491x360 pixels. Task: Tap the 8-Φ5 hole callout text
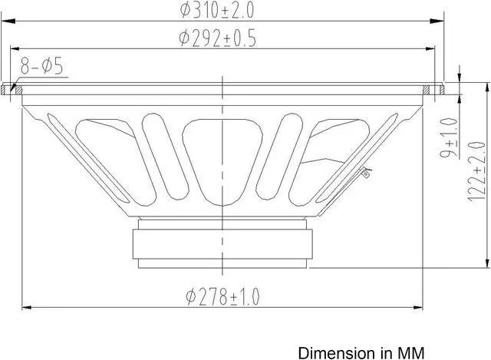43,68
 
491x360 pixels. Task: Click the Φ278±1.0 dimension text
222,296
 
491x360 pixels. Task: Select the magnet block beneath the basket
223,244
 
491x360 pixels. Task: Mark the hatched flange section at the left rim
11,89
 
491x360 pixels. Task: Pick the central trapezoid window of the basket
223,154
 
